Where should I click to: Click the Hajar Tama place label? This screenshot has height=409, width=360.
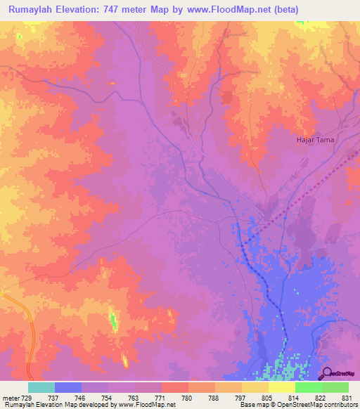point(314,140)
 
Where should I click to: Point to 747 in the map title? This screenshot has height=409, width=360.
point(129,10)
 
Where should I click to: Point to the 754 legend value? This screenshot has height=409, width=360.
point(108,397)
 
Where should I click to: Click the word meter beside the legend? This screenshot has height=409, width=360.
point(10,397)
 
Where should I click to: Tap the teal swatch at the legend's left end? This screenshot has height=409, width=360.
point(41,387)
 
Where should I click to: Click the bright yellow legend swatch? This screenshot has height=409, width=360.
point(281,387)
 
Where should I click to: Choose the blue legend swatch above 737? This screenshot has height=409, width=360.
point(67,387)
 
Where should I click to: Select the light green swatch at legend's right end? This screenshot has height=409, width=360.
point(335,387)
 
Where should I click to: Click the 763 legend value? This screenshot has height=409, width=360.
point(134,397)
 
